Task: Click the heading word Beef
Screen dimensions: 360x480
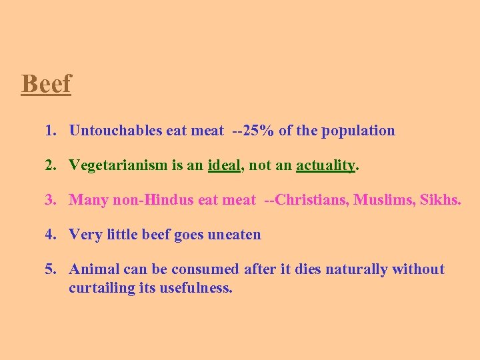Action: [46, 85]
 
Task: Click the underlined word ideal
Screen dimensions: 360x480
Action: [224, 165]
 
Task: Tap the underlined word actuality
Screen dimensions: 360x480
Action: [325, 165]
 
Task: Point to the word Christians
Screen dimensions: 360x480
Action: [308, 200]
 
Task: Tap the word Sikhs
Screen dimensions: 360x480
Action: [440, 200]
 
